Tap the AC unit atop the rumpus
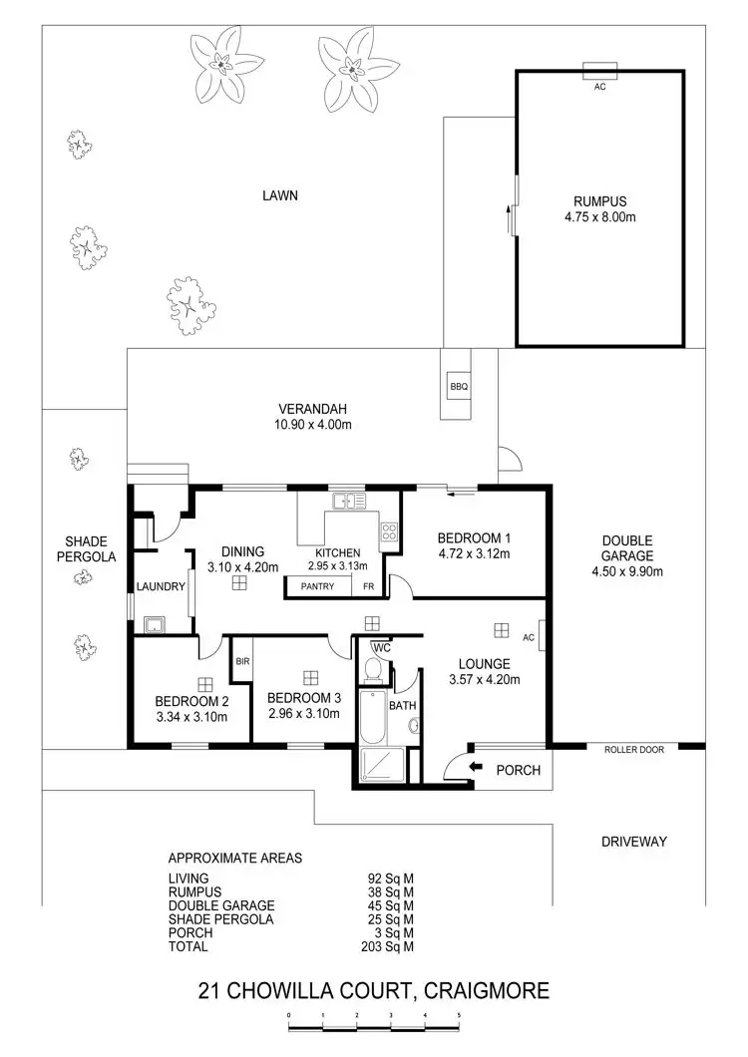pyautogui.click(x=599, y=71)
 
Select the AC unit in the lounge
pyautogui.click(x=540, y=638)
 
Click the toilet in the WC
pyautogui.click(x=374, y=671)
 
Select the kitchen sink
pyautogui.click(x=345, y=502)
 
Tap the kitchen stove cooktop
pyautogui.click(x=389, y=532)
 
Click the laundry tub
pyautogui.click(x=155, y=626)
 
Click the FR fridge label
pyautogui.click(x=368, y=586)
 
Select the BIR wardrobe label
pyautogui.click(x=241, y=660)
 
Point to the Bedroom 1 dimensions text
pyautogui.click(x=474, y=553)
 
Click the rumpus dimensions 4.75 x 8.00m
pyautogui.click(x=599, y=214)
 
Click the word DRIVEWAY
pyautogui.click(x=633, y=842)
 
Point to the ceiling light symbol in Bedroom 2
pyautogui.click(x=205, y=683)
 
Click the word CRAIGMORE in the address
pyautogui.click(x=487, y=990)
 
